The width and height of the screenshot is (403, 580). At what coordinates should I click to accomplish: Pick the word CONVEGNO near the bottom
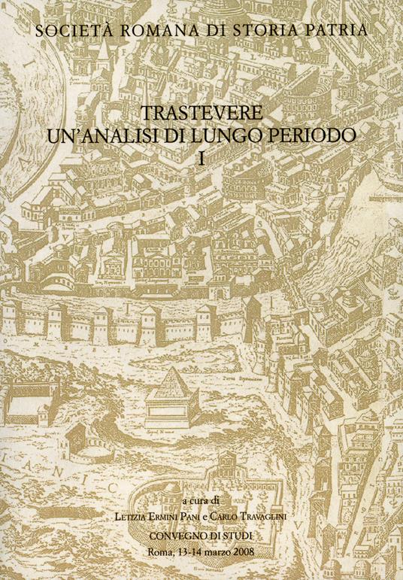tap(181, 535)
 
